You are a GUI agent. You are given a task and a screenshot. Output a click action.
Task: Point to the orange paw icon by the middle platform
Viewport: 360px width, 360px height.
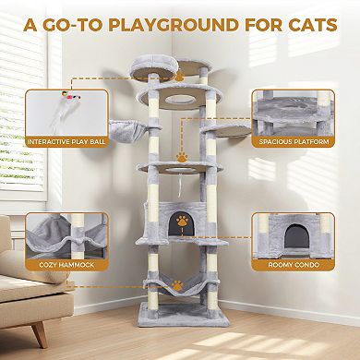(x=183, y=158)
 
